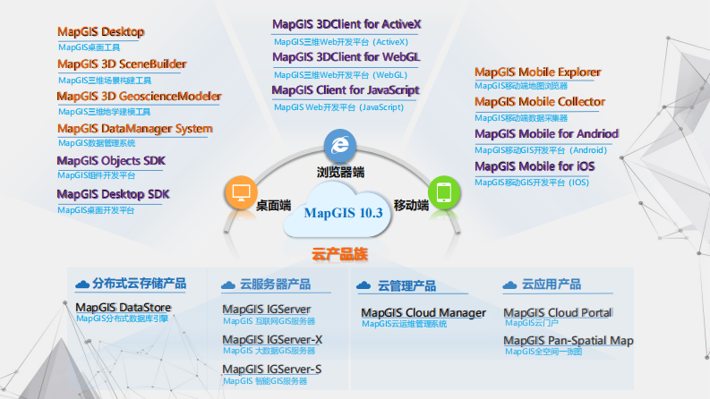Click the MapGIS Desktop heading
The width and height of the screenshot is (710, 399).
tap(101, 32)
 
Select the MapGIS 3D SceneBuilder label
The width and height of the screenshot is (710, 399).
tap(122, 64)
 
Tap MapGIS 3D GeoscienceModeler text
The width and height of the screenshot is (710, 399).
tap(139, 96)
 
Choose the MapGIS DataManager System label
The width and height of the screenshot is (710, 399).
tap(134, 128)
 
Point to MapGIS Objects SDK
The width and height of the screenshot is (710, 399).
tap(111, 160)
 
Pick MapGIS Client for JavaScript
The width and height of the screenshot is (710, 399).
tap(345, 90)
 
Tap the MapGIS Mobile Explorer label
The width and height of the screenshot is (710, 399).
tap(537, 72)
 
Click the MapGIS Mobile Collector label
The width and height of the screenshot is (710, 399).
tap(539, 102)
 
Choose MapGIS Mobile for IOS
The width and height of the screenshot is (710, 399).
tap(534, 166)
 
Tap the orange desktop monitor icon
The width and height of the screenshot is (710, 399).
tap(240, 191)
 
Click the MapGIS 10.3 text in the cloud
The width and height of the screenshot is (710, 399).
tap(343, 214)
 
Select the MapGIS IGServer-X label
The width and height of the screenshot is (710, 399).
tap(272, 340)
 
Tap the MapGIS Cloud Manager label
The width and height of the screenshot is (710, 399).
tap(423, 313)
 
